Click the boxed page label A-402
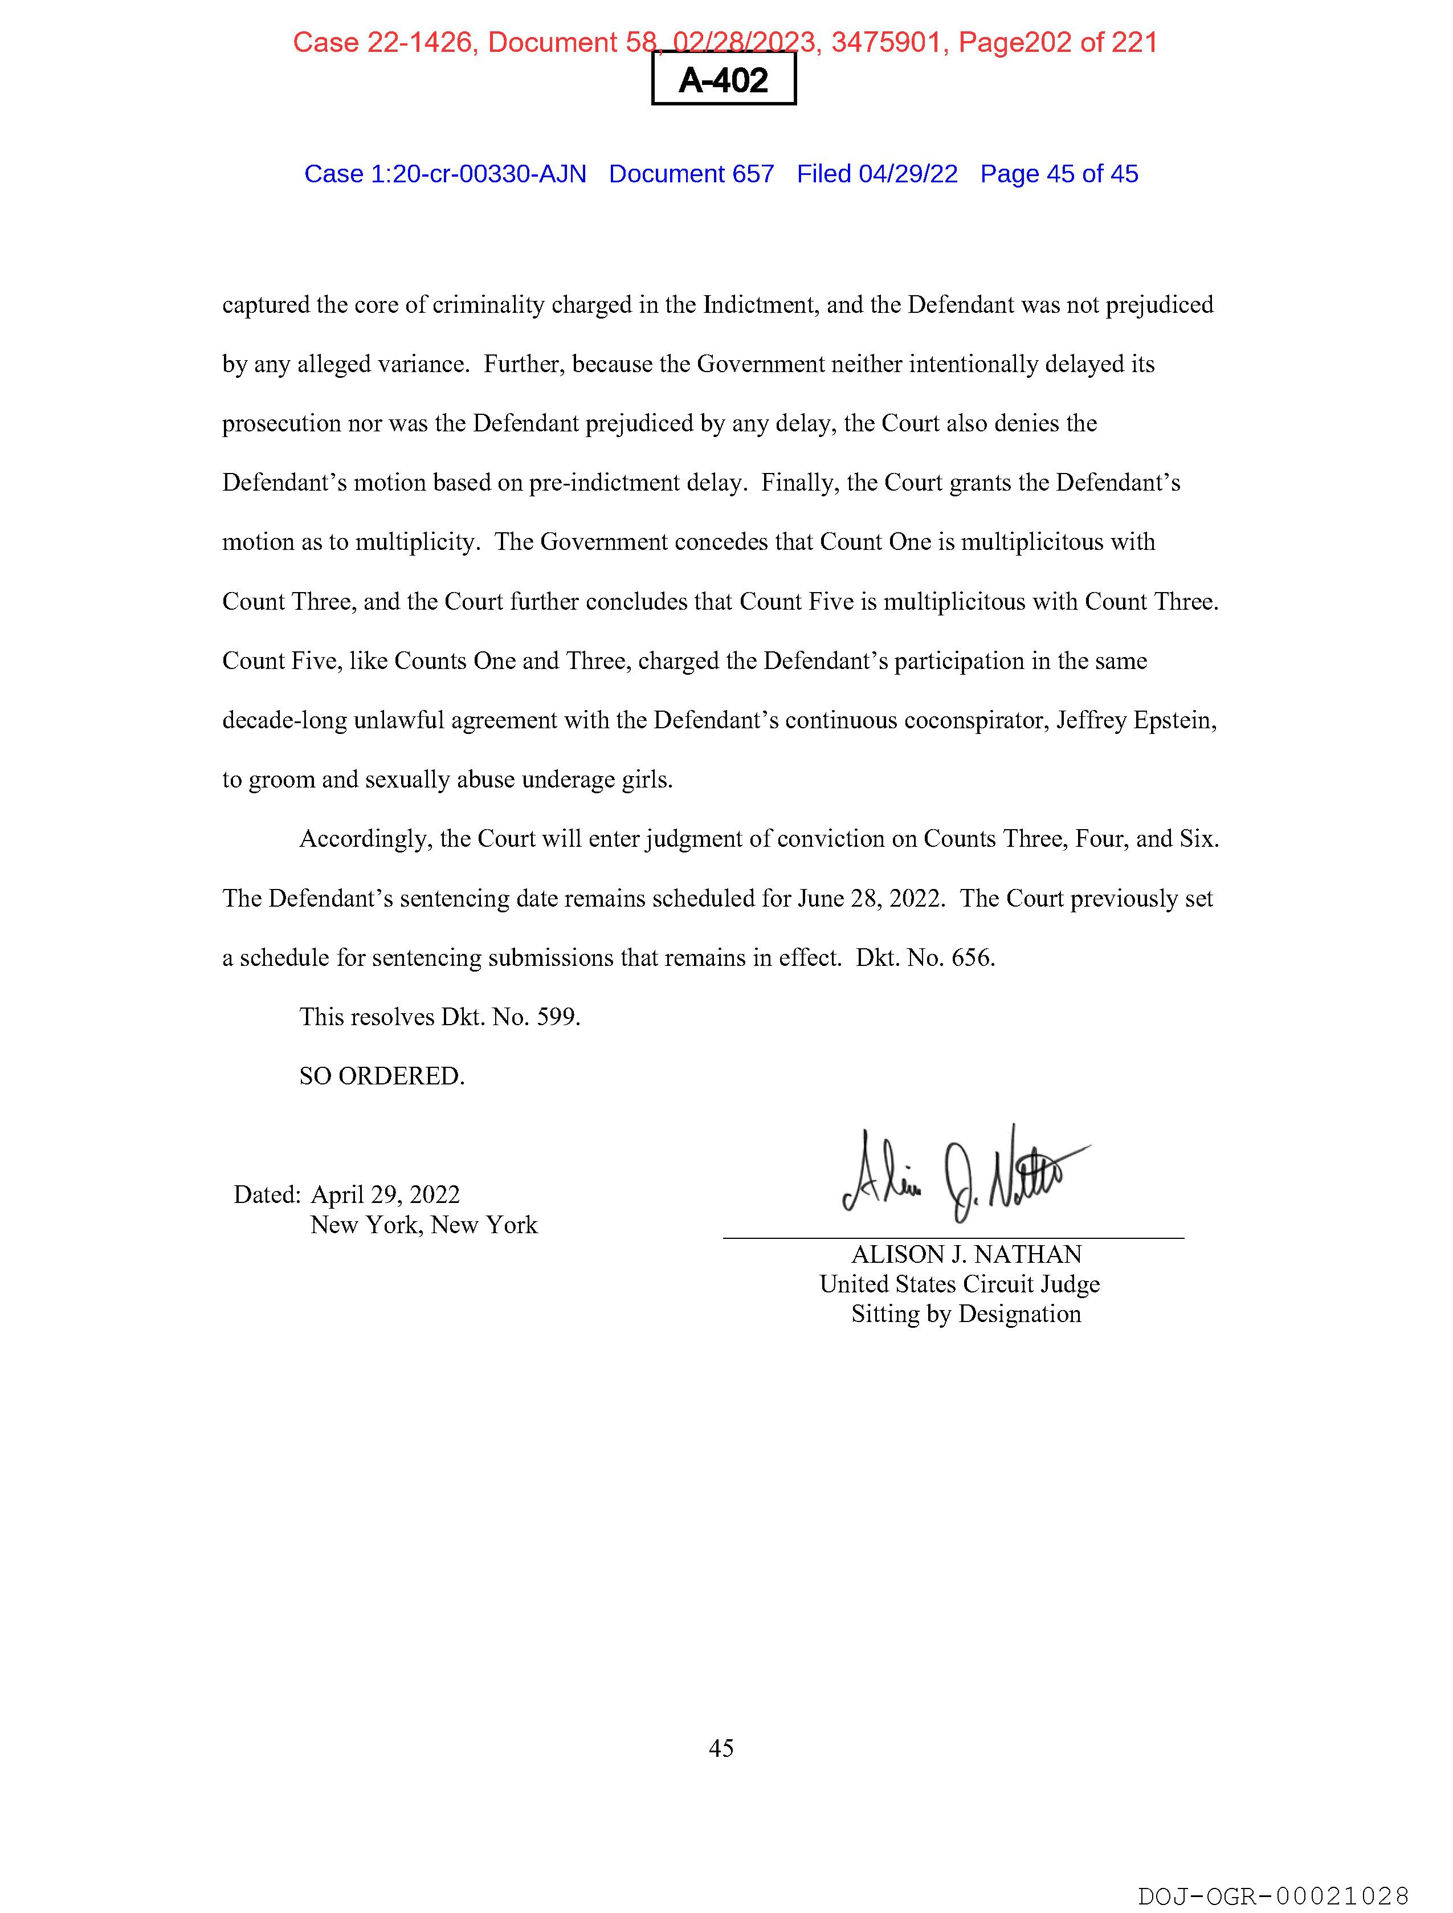click(723, 80)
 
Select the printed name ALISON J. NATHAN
click(966, 1254)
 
